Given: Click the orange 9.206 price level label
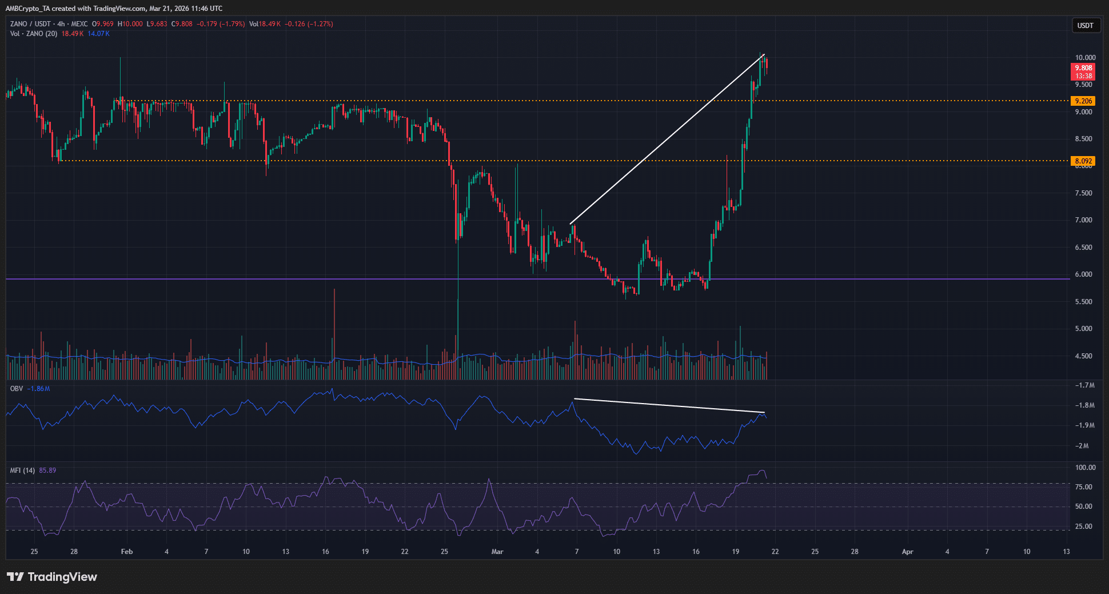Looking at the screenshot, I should pyautogui.click(x=1083, y=101).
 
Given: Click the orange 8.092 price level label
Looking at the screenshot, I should pyautogui.click(x=1083, y=161).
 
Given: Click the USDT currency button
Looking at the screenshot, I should pyautogui.click(x=1085, y=26).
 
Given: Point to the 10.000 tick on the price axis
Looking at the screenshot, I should pyautogui.click(x=1085, y=58).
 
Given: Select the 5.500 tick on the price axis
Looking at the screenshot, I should pyautogui.click(x=1083, y=302).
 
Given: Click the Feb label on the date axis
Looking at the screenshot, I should pyautogui.click(x=127, y=552).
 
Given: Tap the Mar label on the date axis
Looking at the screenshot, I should pyautogui.click(x=497, y=552).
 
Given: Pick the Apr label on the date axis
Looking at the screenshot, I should pyautogui.click(x=907, y=552).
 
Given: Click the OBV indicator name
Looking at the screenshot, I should pyautogui.click(x=17, y=389).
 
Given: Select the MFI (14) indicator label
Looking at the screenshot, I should pyautogui.click(x=22, y=471).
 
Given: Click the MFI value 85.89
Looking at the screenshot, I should pyautogui.click(x=47, y=471).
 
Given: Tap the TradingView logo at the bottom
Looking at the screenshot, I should pyautogui.click(x=52, y=577).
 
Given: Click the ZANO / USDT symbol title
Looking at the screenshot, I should pyautogui.click(x=30, y=24).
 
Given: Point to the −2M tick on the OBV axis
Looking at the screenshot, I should pyautogui.click(x=1082, y=446).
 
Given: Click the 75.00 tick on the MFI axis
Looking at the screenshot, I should pyautogui.click(x=1083, y=487).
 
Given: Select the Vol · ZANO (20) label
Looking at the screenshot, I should pyautogui.click(x=33, y=34).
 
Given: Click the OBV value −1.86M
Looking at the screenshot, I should pyautogui.click(x=39, y=389).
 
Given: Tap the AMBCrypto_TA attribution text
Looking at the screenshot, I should pyautogui.click(x=28, y=9).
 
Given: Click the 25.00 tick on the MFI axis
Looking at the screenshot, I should pyautogui.click(x=1083, y=527).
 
